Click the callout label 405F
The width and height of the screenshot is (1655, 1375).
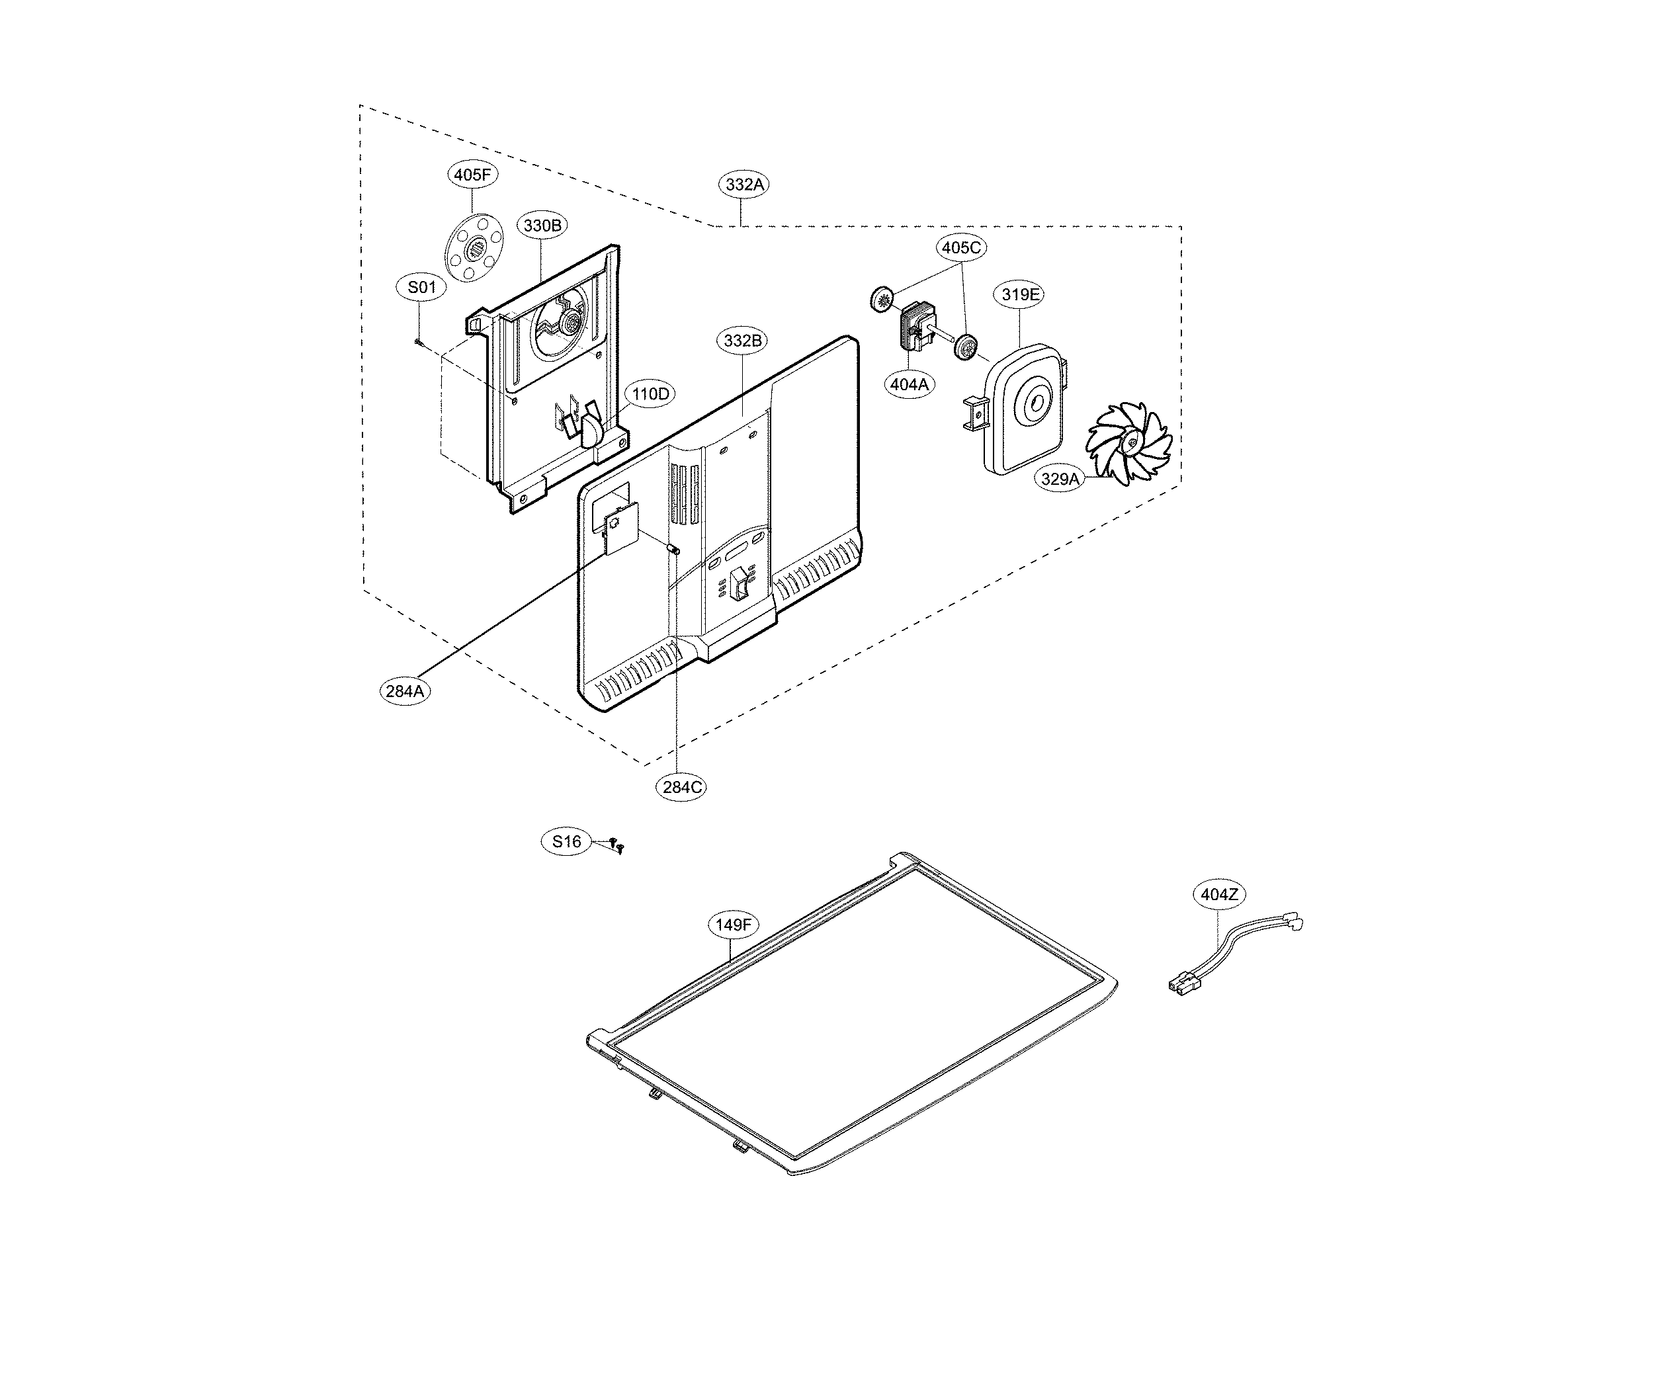(473, 175)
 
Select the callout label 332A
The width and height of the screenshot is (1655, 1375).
(744, 185)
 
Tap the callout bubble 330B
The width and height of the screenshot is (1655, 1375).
(542, 226)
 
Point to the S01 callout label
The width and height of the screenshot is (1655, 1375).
(421, 288)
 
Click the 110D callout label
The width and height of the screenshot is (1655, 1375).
(650, 394)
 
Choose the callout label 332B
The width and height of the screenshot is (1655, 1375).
(743, 341)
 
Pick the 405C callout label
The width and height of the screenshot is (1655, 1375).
(962, 247)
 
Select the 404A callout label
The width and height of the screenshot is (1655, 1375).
(909, 384)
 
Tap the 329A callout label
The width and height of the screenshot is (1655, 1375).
(1059, 478)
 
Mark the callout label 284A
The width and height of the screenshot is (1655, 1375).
(405, 691)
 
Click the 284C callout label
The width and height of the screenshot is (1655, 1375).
(682, 786)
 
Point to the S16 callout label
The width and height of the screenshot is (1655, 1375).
(566, 841)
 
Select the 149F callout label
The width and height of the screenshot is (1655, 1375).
(733, 925)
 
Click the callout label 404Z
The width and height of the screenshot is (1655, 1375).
(1218, 894)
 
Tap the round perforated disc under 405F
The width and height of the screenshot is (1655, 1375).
(474, 250)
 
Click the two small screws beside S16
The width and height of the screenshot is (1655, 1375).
(617, 845)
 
